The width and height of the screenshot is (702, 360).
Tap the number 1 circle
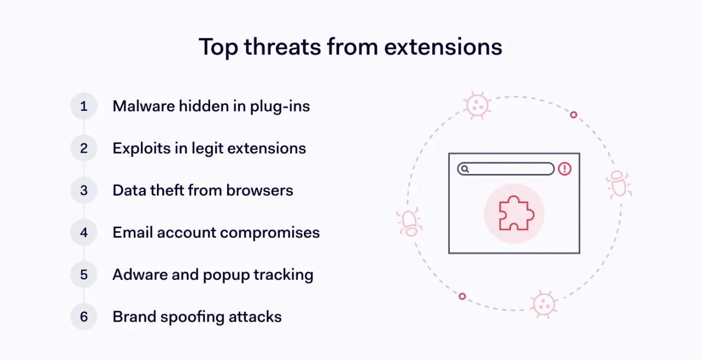[84, 106]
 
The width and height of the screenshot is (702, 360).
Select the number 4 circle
[84, 232]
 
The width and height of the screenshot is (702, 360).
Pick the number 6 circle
[84, 317]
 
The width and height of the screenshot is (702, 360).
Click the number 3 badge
[84, 190]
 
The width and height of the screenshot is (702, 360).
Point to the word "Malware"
[143, 106]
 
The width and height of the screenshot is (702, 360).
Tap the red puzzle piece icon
[514, 213]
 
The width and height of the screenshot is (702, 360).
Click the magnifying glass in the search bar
[465, 169]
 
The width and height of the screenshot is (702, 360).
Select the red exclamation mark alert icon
[565, 169]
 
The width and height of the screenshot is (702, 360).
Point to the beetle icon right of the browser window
[619, 184]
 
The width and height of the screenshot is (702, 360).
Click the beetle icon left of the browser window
[409, 222]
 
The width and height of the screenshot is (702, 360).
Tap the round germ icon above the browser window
[477, 105]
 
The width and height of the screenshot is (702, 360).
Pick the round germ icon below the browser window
[544, 303]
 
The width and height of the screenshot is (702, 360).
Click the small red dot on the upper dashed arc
[574, 115]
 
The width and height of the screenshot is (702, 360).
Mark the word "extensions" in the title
[443, 47]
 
